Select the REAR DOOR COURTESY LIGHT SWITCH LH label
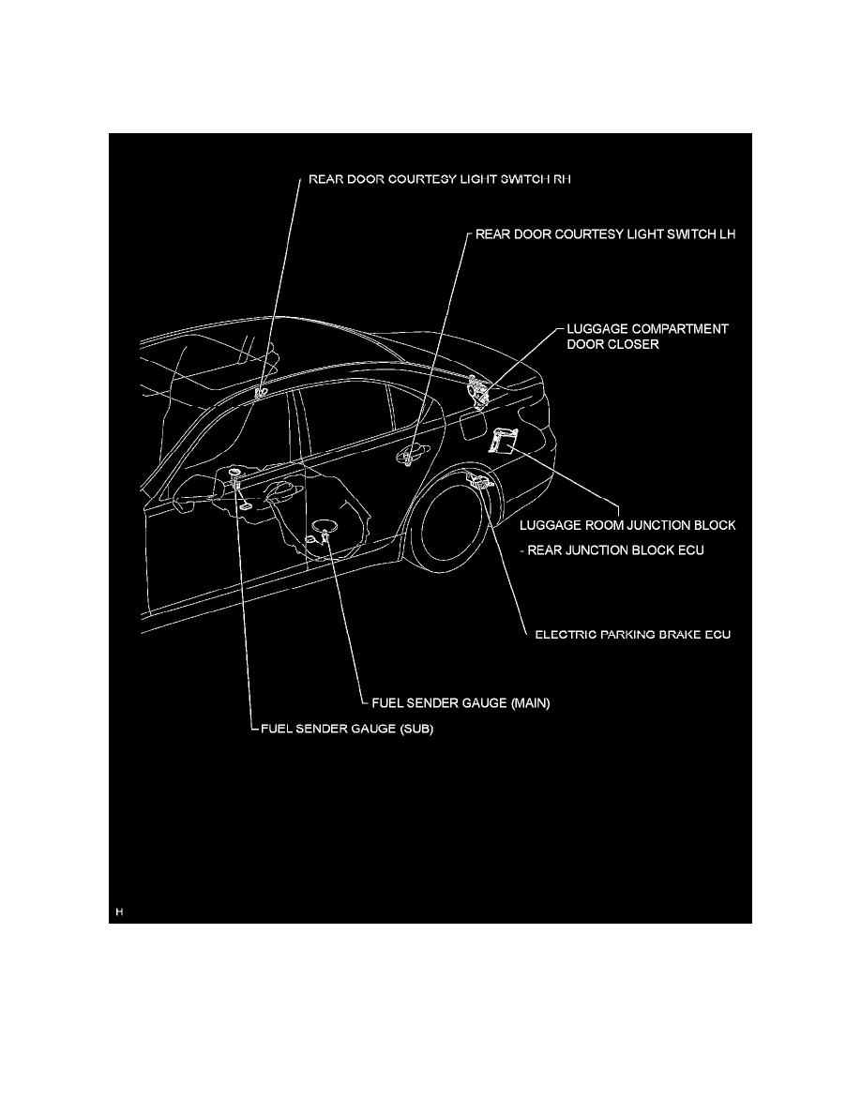tap(606, 235)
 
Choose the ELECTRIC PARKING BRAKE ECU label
tap(631, 635)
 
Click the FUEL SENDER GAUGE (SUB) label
tap(347, 729)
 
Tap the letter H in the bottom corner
tap(119, 911)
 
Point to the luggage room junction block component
tap(504, 439)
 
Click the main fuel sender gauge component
tap(324, 534)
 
